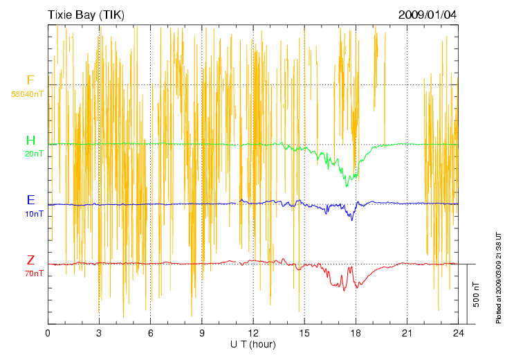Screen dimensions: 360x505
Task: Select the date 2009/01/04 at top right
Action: (428, 15)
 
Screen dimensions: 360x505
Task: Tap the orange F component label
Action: (30, 81)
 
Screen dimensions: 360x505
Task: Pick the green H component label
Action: (30, 141)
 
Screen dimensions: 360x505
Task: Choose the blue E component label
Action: (30, 200)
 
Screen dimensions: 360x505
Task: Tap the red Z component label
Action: (30, 260)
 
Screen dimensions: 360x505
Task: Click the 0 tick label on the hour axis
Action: (48, 333)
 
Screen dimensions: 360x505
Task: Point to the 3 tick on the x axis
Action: (99, 333)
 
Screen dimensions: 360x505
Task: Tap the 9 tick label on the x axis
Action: (202, 333)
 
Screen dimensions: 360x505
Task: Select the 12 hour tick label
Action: (253, 333)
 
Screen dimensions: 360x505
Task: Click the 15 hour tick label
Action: (304, 333)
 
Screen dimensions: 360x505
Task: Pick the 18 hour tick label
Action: (356, 333)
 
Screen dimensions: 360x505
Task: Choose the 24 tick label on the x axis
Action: (459, 333)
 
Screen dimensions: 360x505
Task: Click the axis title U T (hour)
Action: (253, 344)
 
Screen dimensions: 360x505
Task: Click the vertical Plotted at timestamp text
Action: (498, 277)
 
